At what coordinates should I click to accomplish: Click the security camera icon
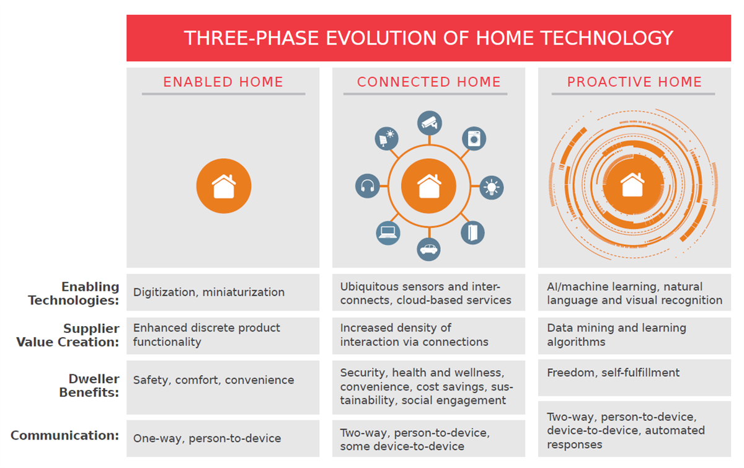(x=429, y=123)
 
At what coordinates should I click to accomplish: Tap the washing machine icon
(x=474, y=139)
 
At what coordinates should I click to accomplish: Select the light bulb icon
(x=492, y=187)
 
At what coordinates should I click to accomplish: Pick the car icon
(x=429, y=249)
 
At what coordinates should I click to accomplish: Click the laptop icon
(x=388, y=232)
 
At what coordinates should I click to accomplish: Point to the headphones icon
(x=367, y=186)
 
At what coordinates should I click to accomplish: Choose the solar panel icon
(x=387, y=138)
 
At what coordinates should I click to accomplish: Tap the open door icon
(x=472, y=232)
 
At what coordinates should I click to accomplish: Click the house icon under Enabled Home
(x=224, y=187)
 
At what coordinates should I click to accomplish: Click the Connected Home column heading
(x=428, y=82)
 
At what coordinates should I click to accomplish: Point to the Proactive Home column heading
(x=634, y=82)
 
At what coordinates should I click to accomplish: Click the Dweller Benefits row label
(x=89, y=386)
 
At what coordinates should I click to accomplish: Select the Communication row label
(x=65, y=435)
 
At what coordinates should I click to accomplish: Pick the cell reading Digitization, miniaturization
(x=209, y=292)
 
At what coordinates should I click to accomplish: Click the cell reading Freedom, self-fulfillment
(x=613, y=373)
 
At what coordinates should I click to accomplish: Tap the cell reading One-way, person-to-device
(x=207, y=438)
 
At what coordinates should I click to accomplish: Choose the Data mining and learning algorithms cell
(x=616, y=335)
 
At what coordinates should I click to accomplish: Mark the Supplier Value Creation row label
(x=92, y=335)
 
